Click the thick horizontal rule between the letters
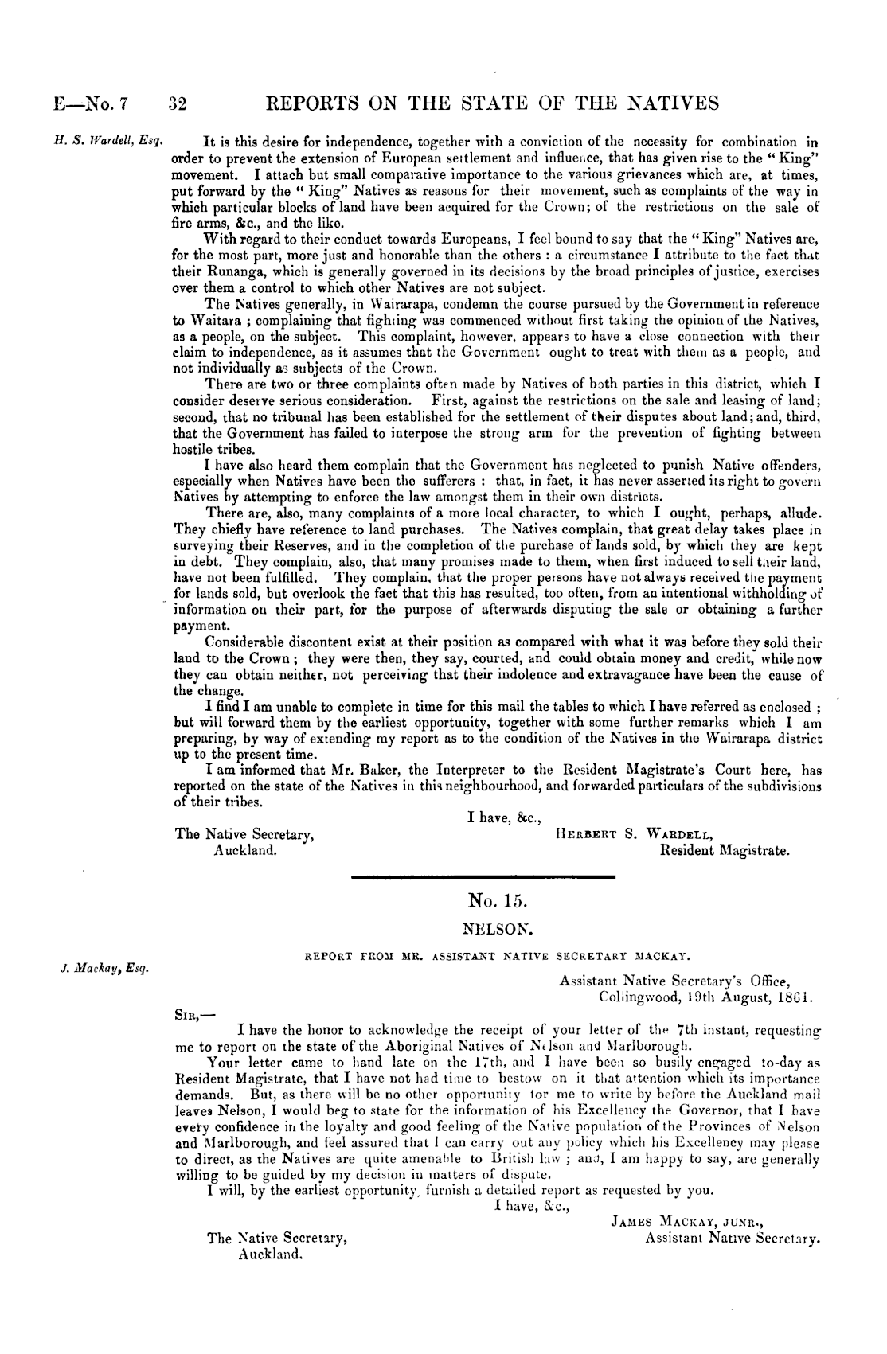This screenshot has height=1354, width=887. click(483, 876)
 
